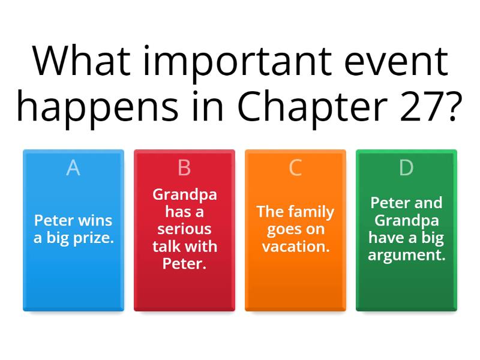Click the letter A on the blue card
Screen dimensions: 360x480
[73, 169]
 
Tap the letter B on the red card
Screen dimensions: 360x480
[184, 169]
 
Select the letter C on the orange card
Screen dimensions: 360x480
[295, 169]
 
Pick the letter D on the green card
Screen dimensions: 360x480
[406, 169]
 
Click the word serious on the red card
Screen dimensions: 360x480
[184, 229]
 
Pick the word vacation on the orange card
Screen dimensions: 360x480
[295, 246]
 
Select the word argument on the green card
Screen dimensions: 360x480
[406, 255]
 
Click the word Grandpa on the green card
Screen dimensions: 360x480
[406, 220]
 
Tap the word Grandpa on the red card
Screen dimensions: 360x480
[184, 194]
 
